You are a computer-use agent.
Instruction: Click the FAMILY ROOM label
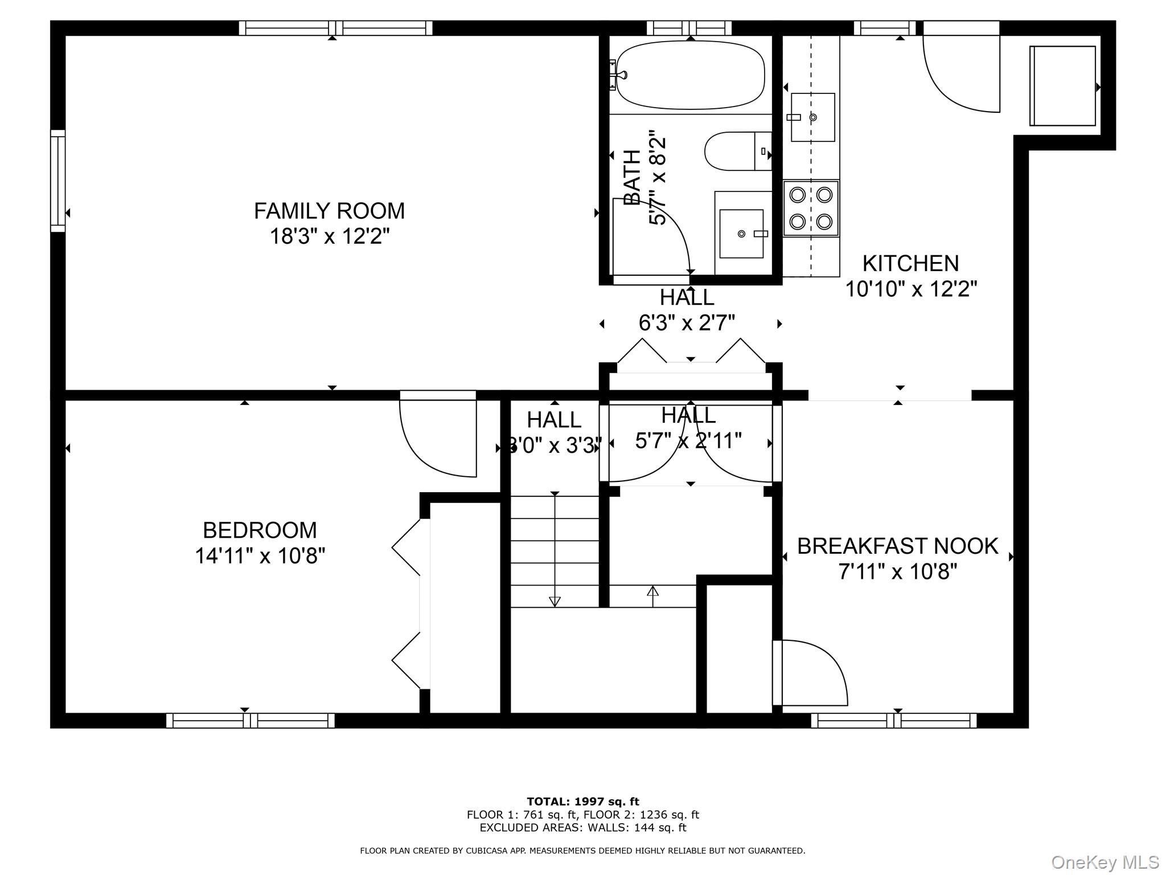(329, 211)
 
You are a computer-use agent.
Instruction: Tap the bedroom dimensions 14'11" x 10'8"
(260, 555)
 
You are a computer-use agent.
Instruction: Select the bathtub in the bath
(690, 75)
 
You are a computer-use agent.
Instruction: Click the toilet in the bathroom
(734, 152)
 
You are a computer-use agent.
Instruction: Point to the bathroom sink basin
(741, 234)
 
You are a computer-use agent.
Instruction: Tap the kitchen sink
(812, 117)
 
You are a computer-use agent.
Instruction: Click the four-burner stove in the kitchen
(811, 208)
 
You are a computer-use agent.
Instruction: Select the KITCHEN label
(910, 264)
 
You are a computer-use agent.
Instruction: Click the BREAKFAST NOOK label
(897, 546)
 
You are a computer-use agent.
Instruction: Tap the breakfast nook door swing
(811, 672)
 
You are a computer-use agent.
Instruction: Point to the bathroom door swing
(652, 239)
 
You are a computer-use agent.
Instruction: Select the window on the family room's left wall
(58, 181)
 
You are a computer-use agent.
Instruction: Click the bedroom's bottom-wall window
(250, 721)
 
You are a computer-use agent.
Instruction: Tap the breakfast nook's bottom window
(894, 721)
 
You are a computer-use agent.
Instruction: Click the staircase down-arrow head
(555, 602)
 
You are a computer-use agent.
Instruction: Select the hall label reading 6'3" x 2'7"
(687, 323)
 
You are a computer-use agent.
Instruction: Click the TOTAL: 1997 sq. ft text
(582, 802)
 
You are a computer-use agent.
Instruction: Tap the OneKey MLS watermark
(1105, 862)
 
